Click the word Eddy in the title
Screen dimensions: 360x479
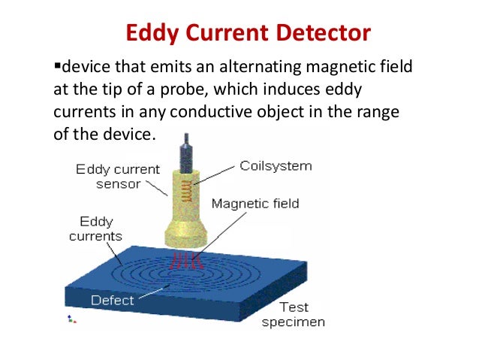pyautogui.click(x=152, y=34)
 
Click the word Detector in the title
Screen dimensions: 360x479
pyautogui.click(x=326, y=34)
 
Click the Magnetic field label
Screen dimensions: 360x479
pyautogui.click(x=255, y=204)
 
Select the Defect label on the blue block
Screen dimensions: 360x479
pyautogui.click(x=112, y=300)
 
